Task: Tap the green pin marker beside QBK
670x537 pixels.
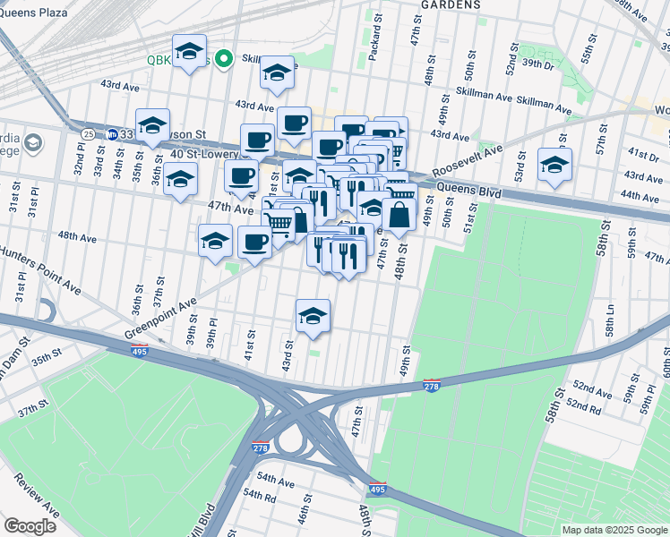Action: point(223,59)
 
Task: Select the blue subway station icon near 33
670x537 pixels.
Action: point(112,134)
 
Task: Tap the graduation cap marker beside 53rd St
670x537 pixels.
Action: point(554,165)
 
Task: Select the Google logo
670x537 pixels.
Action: point(30,526)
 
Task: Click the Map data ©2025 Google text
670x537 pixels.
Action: point(614,530)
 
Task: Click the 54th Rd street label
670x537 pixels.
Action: point(258,495)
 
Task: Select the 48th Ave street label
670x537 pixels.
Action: point(77,237)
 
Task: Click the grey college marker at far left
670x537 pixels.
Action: point(32,144)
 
